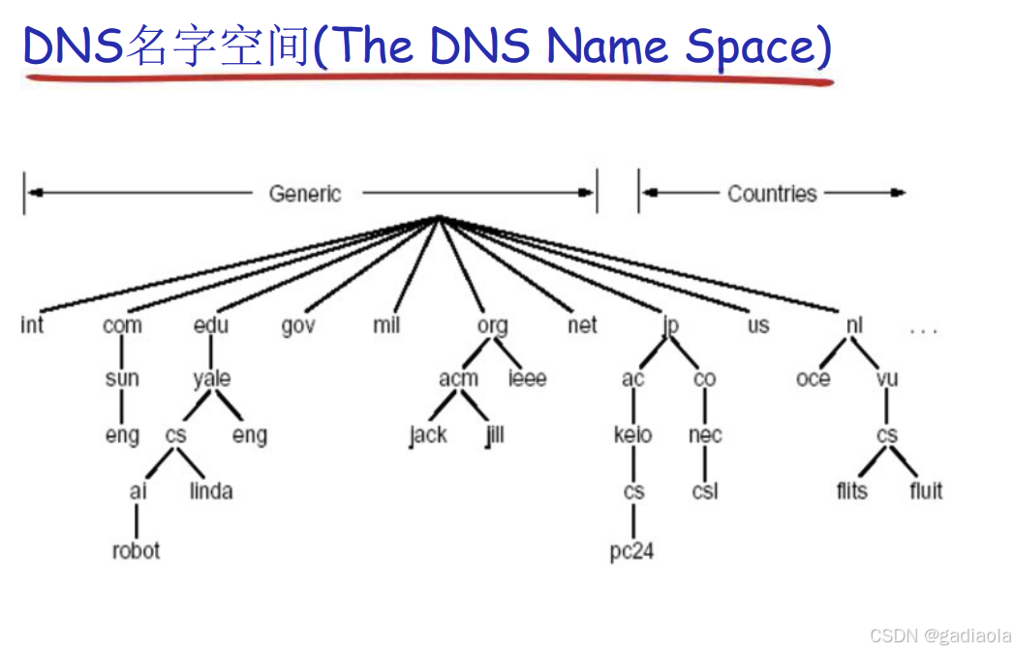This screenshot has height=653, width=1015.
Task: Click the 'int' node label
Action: pos(32,326)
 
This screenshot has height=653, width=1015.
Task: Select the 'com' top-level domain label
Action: pos(122,326)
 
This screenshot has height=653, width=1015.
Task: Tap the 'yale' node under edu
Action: pos(211,379)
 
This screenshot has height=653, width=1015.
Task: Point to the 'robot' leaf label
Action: pos(136,550)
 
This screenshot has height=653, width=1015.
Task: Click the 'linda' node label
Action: pos(211,491)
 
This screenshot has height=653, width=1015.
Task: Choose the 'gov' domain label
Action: pos(298,326)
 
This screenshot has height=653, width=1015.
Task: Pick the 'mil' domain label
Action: pos(386,326)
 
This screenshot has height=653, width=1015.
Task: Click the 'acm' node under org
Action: pos(458,379)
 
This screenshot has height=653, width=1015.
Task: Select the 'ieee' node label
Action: pos(527,379)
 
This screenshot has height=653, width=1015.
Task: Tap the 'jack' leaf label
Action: pos(427,436)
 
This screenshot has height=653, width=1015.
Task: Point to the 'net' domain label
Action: pos(582,326)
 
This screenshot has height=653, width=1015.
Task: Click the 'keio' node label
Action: pos(633,435)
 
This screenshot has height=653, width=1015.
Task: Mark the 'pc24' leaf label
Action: pos(632,551)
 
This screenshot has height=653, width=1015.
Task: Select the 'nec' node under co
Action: pos(705,436)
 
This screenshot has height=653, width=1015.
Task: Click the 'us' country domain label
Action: pos(758,326)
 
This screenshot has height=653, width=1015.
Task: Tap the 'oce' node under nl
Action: pos(814,379)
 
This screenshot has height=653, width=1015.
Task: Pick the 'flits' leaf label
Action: pos(852,491)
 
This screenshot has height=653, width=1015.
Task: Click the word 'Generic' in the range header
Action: pos(305,194)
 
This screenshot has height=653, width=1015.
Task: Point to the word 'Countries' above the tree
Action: pos(772,194)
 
